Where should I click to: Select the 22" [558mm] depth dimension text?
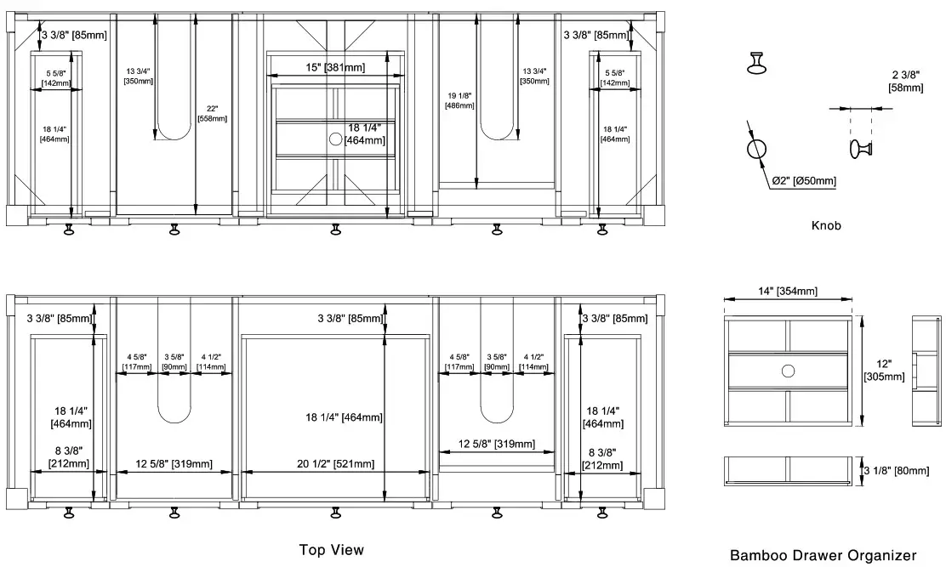[x=212, y=113]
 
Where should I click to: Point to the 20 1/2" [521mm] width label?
[x=335, y=464]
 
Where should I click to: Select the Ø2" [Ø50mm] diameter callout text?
[x=803, y=181]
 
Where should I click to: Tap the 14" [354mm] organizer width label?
[x=787, y=292]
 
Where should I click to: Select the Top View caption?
[x=332, y=550]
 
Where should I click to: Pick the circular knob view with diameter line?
[x=756, y=150]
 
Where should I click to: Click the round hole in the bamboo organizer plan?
[x=788, y=370]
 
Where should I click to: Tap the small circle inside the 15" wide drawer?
[x=335, y=138]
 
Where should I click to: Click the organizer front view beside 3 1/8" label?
[x=788, y=471]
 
